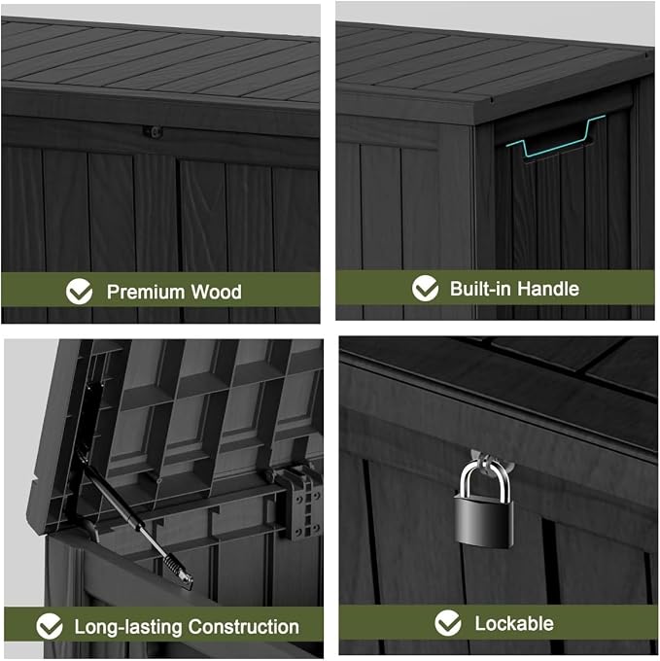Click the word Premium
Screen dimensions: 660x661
pos(146,292)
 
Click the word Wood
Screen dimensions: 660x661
pos(217,292)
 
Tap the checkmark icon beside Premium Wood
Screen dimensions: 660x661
pos(79,291)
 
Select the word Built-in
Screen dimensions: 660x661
pos(480,289)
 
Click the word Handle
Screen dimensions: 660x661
pos(548,289)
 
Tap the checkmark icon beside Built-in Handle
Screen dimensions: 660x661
pos(425,288)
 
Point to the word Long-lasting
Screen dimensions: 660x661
pos(128,627)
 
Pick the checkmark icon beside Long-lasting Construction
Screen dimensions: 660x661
pos(50,626)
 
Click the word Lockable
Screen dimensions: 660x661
pos(514,623)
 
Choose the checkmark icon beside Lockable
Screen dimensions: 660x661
pos(447,623)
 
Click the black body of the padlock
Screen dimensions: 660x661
pos(484,522)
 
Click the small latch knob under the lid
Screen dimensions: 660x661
pos(155,132)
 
